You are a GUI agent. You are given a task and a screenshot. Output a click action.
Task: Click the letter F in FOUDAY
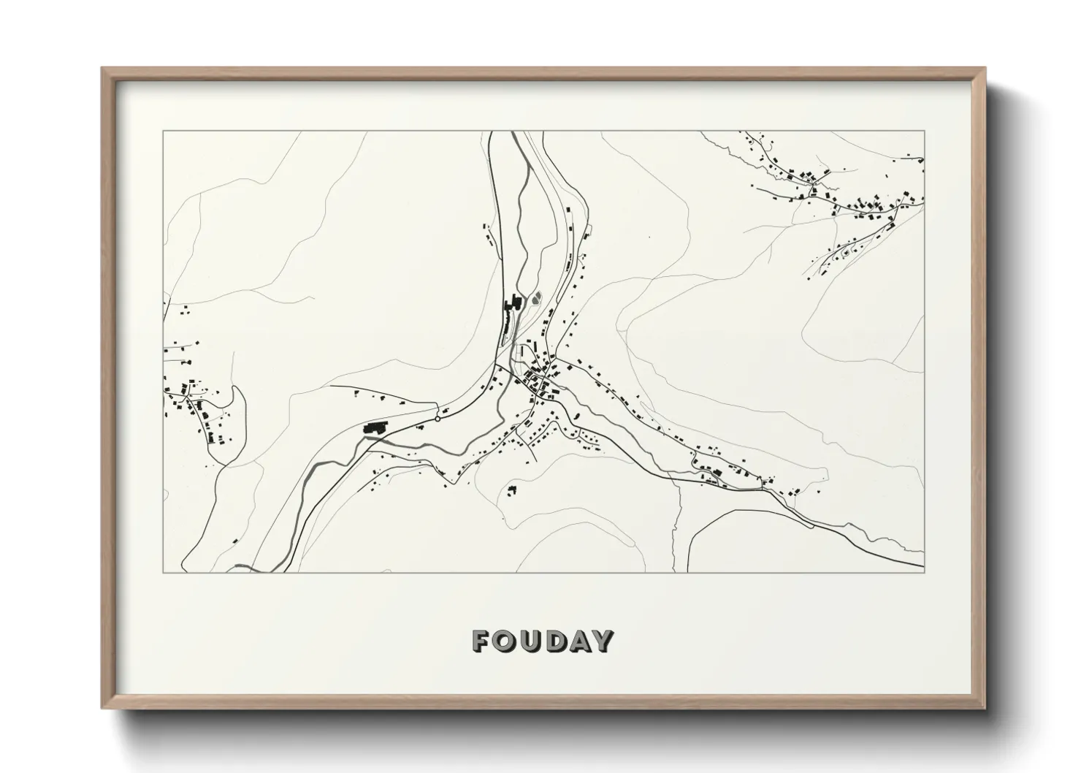tap(482, 641)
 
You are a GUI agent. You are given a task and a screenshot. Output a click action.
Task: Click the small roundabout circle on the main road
tap(438, 419)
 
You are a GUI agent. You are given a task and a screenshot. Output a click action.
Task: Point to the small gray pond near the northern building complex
tap(538, 297)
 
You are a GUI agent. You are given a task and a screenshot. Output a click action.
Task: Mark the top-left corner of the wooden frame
tap(102, 68)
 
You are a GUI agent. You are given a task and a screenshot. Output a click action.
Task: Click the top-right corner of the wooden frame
tap(986, 68)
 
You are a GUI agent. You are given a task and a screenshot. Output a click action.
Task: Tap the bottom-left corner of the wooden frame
tap(102, 709)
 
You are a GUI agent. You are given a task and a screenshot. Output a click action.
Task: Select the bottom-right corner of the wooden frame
tap(986, 709)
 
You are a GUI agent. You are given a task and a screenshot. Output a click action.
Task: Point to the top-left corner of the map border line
tap(163, 132)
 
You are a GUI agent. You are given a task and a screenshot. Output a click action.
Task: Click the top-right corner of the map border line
tap(925, 132)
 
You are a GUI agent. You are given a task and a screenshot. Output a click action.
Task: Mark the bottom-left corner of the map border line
tap(163, 573)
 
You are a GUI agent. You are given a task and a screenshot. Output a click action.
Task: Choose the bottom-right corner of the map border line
tap(925, 573)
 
